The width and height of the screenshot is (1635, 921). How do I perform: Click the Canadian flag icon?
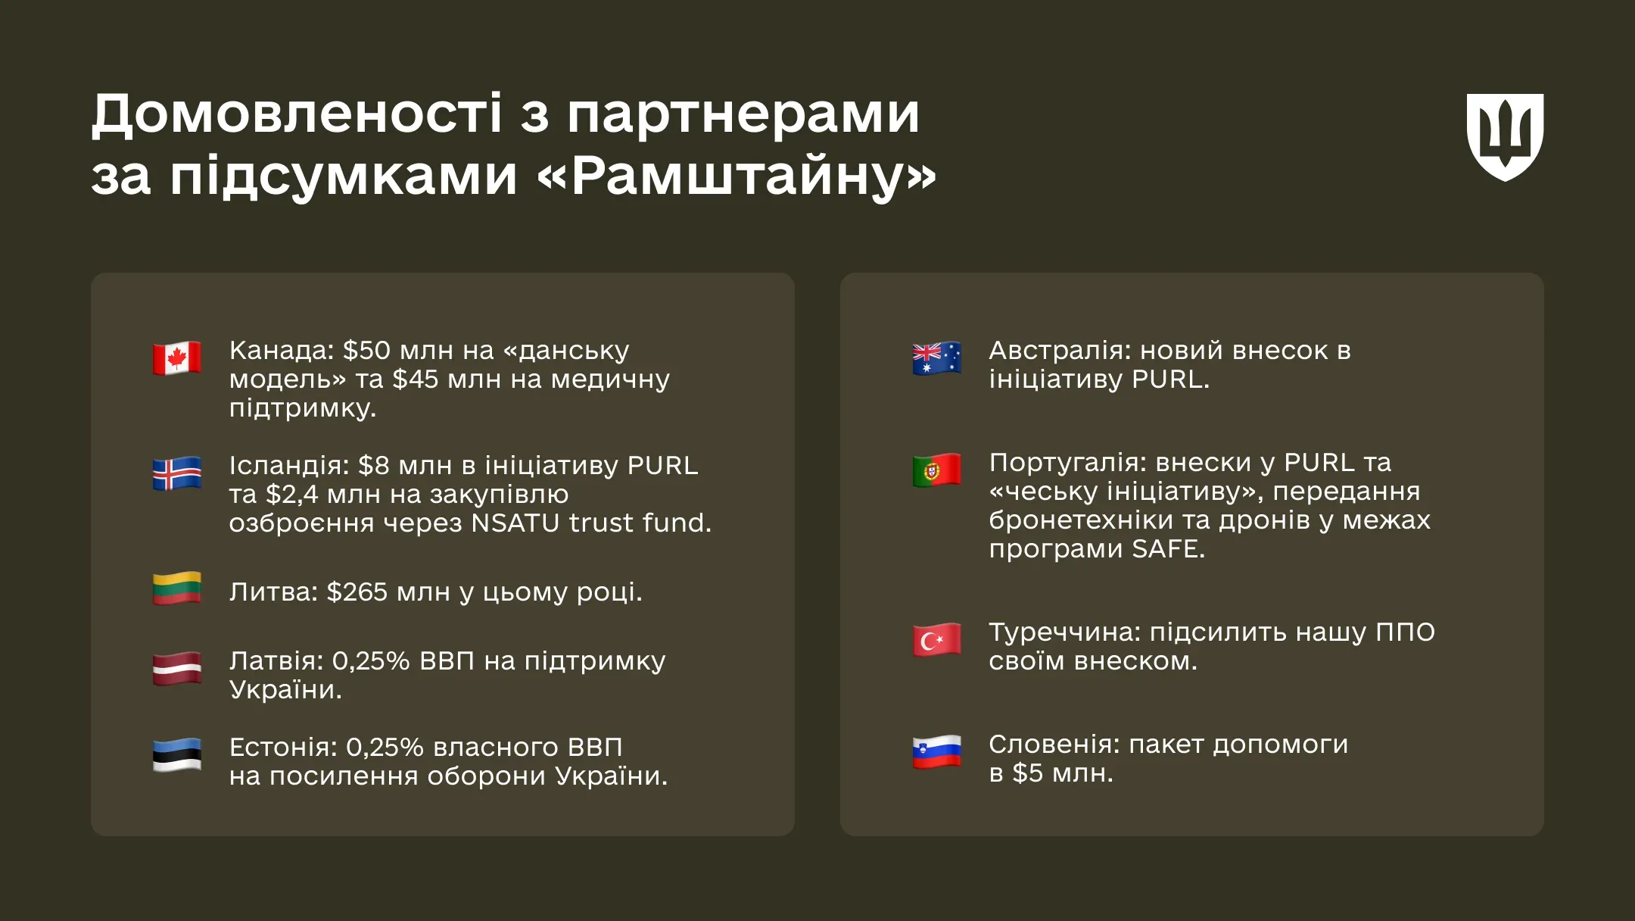pos(177,357)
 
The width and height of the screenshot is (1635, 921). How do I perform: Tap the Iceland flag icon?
pos(177,473)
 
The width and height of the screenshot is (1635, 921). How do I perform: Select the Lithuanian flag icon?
pos(177,589)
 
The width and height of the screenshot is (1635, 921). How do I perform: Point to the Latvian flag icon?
pos(177,669)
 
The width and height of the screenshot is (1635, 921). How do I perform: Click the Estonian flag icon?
pos(177,754)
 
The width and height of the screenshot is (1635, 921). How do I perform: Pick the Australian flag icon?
pos(937,358)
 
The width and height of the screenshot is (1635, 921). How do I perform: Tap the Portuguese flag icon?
pos(937,470)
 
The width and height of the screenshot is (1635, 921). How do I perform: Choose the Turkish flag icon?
pos(937,640)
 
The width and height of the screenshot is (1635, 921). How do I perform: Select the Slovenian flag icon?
pos(937,752)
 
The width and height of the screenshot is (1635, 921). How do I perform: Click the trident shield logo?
pos(1505,137)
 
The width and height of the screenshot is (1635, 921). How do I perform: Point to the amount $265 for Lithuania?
pos(357,592)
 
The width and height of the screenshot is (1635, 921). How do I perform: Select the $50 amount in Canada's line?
pos(366,350)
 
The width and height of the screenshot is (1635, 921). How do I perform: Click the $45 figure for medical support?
pos(416,379)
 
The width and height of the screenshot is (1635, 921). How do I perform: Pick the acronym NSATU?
pos(515,523)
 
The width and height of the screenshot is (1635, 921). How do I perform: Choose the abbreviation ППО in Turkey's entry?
pos(1405,632)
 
